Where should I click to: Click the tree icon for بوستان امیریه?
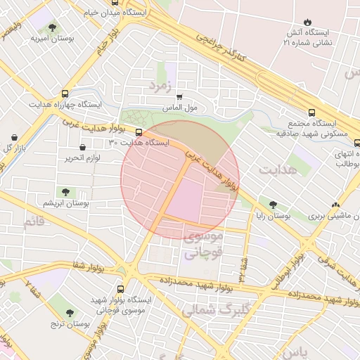[x=52, y=27]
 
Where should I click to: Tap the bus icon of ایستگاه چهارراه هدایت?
[x=65, y=93]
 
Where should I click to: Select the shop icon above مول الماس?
[x=179, y=97]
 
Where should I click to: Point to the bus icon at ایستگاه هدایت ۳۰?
[x=138, y=131]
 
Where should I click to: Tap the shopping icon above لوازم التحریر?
[x=84, y=147]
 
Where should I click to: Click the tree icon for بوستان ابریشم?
[x=65, y=191]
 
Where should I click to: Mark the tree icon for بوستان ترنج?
[x=70, y=313]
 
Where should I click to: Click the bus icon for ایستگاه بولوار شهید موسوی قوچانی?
[x=120, y=288]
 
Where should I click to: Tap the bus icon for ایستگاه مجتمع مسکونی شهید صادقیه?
[x=311, y=112]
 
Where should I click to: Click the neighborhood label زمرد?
[x=159, y=85]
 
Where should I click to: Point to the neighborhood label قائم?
[x=33, y=222]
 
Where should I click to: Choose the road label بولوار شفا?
[x=90, y=265]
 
